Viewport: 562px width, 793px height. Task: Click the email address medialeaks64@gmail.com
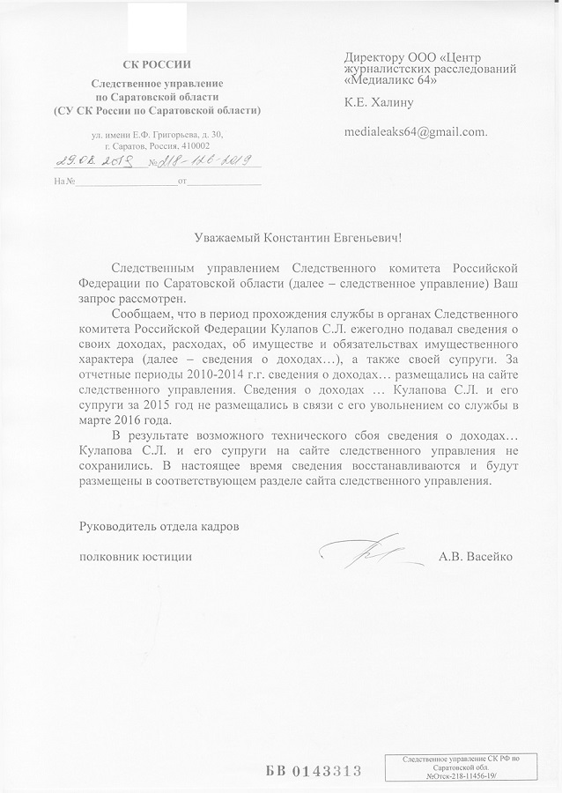click(x=416, y=131)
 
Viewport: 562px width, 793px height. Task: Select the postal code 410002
click(x=194, y=145)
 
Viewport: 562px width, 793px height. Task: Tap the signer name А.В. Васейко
click(x=475, y=557)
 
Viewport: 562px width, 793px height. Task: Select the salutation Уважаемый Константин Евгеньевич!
click(x=297, y=238)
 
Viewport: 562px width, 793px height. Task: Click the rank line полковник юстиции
click(x=136, y=557)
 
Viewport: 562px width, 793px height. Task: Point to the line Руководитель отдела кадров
click(x=159, y=525)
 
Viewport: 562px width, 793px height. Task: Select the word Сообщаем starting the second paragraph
click(x=144, y=313)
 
